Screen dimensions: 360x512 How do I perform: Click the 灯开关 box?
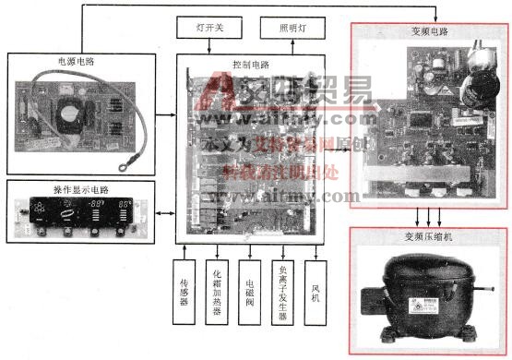(206, 27)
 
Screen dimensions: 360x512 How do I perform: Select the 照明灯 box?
(295, 27)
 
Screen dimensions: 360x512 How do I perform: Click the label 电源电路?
(76, 62)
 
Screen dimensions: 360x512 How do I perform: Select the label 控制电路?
(251, 66)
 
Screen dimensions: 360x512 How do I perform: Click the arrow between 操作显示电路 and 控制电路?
(167, 214)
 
